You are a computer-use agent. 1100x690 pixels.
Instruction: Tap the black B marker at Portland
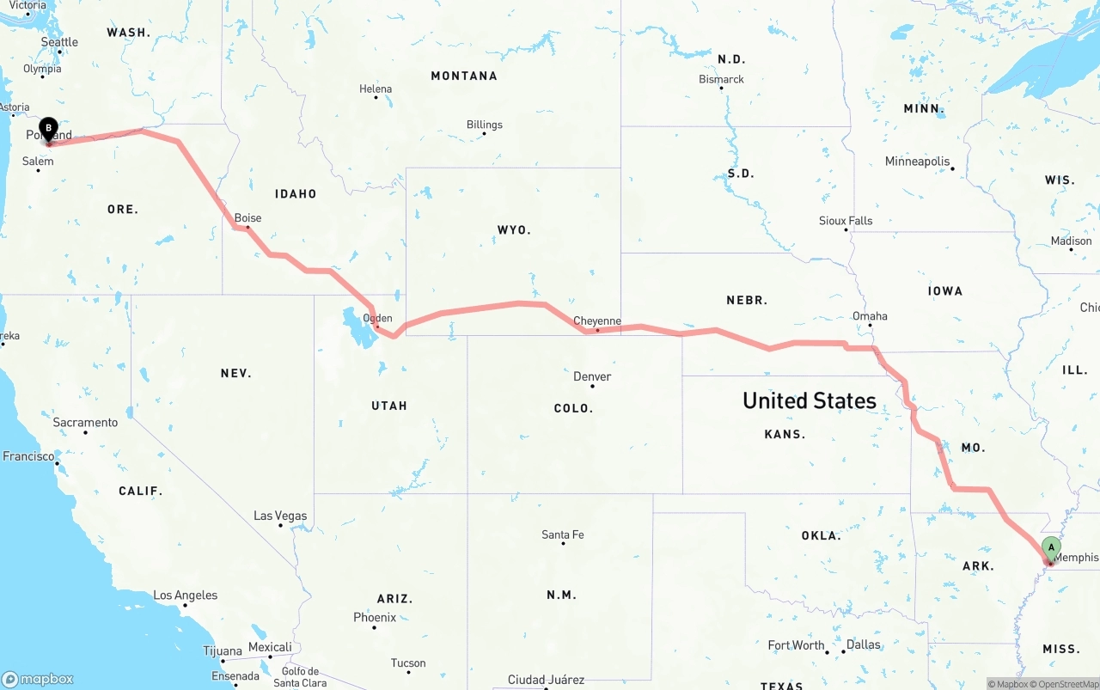(x=48, y=130)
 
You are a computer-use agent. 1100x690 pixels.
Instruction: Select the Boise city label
(x=247, y=218)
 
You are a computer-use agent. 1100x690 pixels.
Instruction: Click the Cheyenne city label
(x=597, y=321)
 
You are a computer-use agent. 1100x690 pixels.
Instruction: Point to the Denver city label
(x=592, y=376)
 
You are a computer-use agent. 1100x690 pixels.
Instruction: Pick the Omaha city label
(x=870, y=316)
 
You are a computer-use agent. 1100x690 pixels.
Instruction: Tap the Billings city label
(x=485, y=125)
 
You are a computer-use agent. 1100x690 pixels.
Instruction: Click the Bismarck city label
(x=721, y=79)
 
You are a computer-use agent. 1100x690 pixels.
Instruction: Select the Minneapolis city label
(x=918, y=162)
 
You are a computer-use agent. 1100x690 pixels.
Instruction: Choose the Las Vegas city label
(x=280, y=516)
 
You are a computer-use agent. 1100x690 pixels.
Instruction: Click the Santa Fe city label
(x=563, y=534)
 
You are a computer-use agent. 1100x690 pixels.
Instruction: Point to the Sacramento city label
(x=85, y=423)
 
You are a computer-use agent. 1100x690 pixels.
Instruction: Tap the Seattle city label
(x=59, y=42)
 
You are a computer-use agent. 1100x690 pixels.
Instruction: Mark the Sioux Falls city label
(x=846, y=221)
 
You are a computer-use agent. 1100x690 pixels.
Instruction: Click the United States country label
(x=810, y=400)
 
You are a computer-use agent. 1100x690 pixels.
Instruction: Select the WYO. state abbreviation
(x=514, y=230)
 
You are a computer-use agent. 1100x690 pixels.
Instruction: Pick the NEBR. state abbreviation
(x=747, y=300)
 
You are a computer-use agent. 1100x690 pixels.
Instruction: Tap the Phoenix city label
(x=375, y=617)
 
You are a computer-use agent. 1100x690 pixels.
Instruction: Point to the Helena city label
(x=376, y=89)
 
